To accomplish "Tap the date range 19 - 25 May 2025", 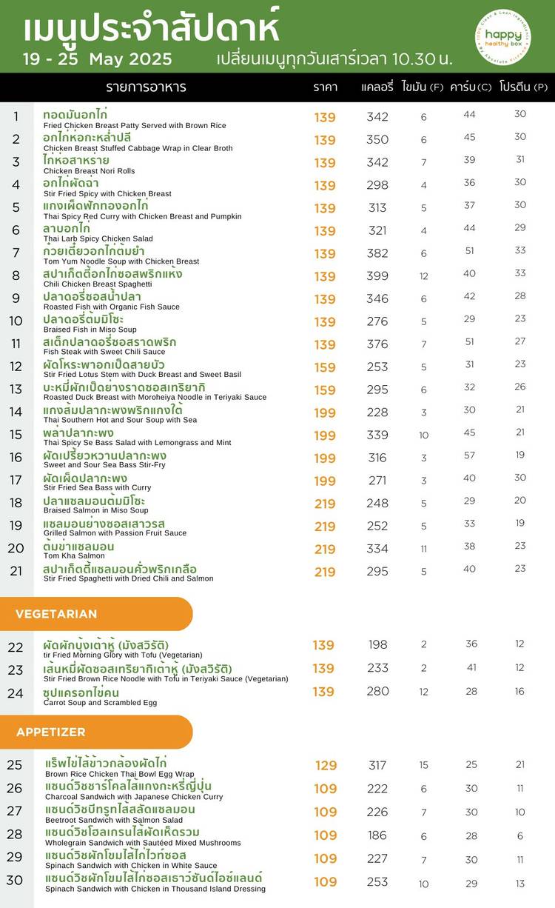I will coord(97,59).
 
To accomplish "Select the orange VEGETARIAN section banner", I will coord(96,614).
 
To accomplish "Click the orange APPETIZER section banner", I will coord(96,732).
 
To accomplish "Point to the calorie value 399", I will coord(377,276).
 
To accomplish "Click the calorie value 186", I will coord(377,835).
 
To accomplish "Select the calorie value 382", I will coord(377,253).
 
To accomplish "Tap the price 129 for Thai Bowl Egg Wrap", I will coord(326,766).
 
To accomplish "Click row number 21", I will coord(16,571).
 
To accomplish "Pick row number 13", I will coord(16,390).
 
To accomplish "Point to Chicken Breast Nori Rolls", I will coord(90,171).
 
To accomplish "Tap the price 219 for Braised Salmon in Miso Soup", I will coord(325,504).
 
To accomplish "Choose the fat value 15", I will coord(424,766).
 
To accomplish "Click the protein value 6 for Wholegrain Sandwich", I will coord(520,835).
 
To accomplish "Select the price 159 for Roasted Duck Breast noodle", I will coord(325,390).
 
